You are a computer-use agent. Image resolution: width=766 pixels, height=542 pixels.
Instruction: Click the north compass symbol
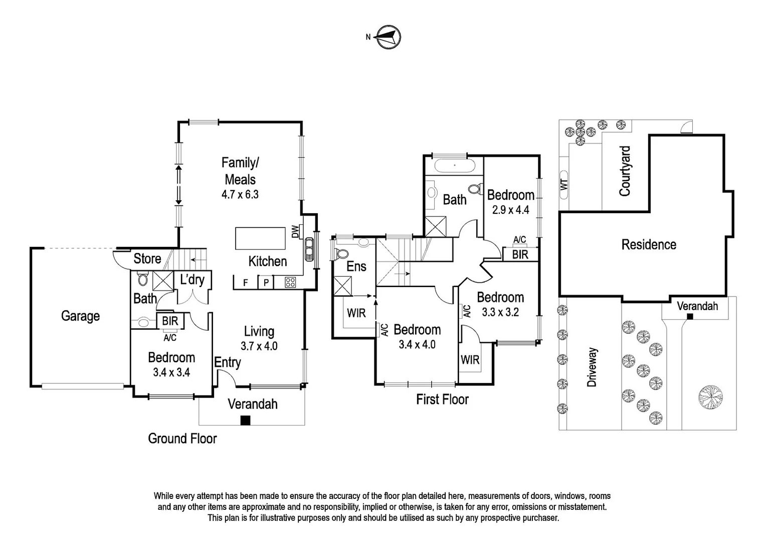tap(388, 37)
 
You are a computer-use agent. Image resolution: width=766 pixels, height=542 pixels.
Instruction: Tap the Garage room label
tap(80, 316)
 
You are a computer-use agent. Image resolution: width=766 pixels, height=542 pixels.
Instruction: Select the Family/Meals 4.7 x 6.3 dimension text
tap(240, 195)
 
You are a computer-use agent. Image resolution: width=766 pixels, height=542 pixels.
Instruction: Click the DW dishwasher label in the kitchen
tap(295, 231)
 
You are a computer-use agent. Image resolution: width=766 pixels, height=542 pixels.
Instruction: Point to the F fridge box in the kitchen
tap(246, 283)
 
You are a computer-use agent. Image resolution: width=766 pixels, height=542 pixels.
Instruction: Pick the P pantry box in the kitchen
tap(266, 283)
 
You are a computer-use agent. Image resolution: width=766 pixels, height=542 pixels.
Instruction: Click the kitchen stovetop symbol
tap(291, 283)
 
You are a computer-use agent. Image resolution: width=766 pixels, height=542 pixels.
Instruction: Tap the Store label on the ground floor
tap(147, 259)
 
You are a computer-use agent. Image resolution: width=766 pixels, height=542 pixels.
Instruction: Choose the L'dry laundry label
tap(192, 280)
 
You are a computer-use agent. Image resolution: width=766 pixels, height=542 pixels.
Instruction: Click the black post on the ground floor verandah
tap(245, 421)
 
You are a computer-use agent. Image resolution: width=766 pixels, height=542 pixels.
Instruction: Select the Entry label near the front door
tap(228, 362)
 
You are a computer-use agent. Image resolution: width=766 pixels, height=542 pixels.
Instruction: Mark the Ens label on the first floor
tap(356, 266)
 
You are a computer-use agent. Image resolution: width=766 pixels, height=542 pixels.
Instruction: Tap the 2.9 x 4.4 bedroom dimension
tap(510, 210)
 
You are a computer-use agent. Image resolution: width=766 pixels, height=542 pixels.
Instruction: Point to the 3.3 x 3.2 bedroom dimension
tap(500, 312)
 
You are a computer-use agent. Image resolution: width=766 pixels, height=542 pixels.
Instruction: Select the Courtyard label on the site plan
tap(625, 171)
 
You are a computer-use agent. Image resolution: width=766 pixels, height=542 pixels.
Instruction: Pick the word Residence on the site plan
tap(649, 245)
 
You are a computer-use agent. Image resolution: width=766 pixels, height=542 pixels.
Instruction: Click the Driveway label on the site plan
tap(592, 367)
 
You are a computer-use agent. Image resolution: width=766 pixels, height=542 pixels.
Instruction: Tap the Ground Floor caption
tap(182, 439)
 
